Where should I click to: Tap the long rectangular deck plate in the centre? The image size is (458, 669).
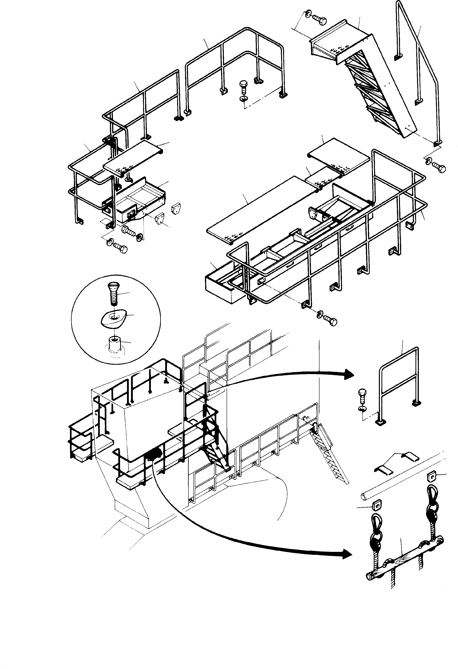(x=260, y=206)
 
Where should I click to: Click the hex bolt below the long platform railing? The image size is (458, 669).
(x=329, y=320)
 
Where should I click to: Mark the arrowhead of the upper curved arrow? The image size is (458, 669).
(x=349, y=374)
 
